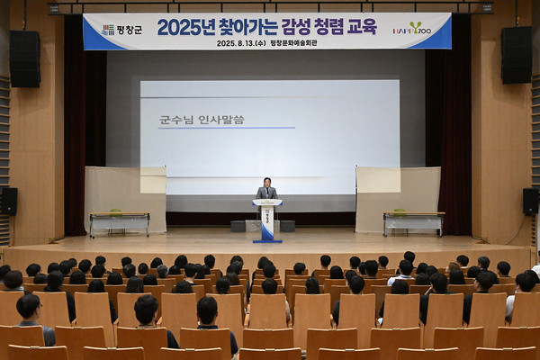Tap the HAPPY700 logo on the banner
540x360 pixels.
[411, 28]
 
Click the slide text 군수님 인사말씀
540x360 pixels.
[202, 119]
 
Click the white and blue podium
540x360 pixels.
[267, 220]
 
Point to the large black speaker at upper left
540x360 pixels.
[25, 58]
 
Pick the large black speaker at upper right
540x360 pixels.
[516, 55]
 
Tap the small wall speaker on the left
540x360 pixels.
[9, 201]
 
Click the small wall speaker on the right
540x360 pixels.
[530, 201]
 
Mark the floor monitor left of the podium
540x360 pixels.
[238, 226]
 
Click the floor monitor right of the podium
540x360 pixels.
[287, 226]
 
